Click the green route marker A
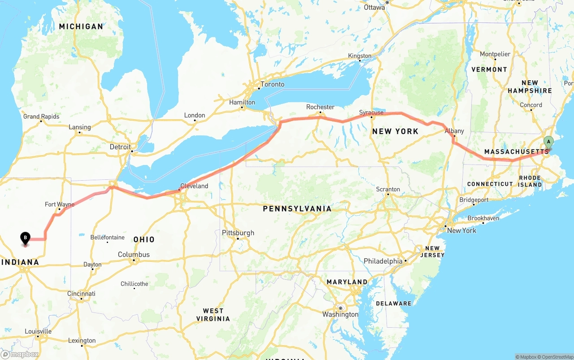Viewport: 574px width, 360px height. tap(548, 142)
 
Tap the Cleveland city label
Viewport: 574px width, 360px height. tap(194, 186)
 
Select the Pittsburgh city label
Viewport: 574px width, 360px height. tap(238, 233)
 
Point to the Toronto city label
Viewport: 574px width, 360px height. tap(273, 84)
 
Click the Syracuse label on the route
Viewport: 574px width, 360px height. tap(371, 112)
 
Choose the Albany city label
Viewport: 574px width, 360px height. tap(454, 131)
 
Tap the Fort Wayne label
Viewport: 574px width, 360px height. tap(60, 204)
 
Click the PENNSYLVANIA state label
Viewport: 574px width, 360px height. tap(297, 208)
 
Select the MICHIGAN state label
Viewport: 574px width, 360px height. tap(81, 26)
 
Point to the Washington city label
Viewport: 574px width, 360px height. tap(340, 314)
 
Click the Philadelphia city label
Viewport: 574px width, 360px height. tap(383, 261)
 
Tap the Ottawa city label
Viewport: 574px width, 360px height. tap(374, 7)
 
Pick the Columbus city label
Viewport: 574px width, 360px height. tap(134, 254)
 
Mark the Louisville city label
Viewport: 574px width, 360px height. tap(38, 331)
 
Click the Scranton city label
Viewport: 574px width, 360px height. tap(388, 189)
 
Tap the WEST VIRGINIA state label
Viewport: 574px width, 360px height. tap(213, 315)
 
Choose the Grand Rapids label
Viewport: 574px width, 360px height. tap(41, 117)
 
